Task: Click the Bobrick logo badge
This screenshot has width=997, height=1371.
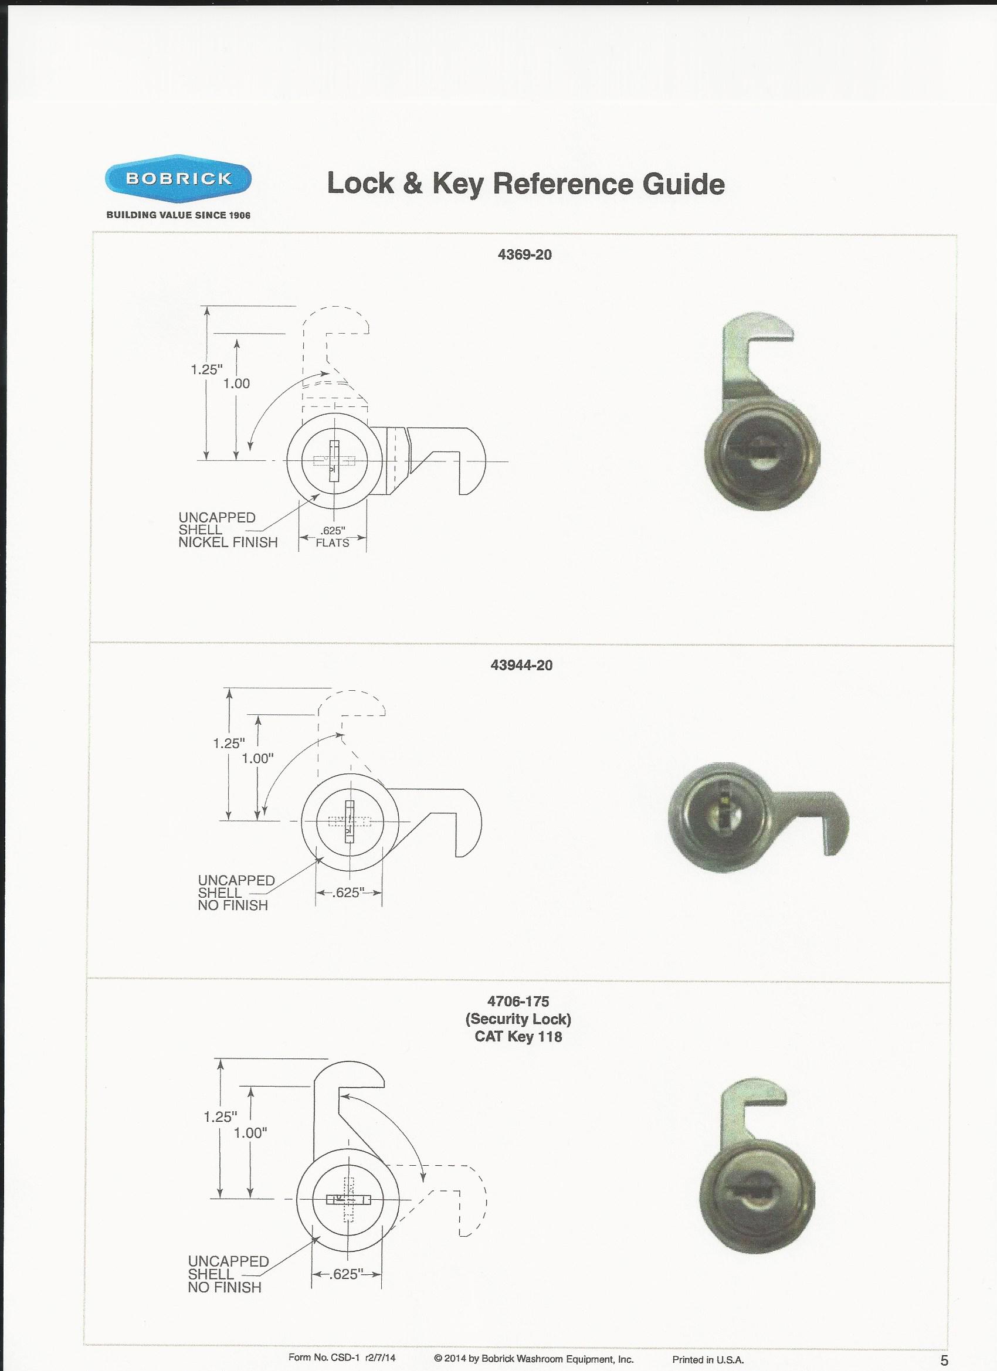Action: coord(178,179)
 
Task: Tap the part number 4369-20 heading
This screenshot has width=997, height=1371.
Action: coord(524,254)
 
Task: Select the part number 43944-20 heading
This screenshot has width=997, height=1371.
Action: coord(522,665)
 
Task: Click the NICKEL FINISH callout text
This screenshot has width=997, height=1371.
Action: coord(228,542)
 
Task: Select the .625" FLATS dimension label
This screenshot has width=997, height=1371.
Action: coord(333,537)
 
